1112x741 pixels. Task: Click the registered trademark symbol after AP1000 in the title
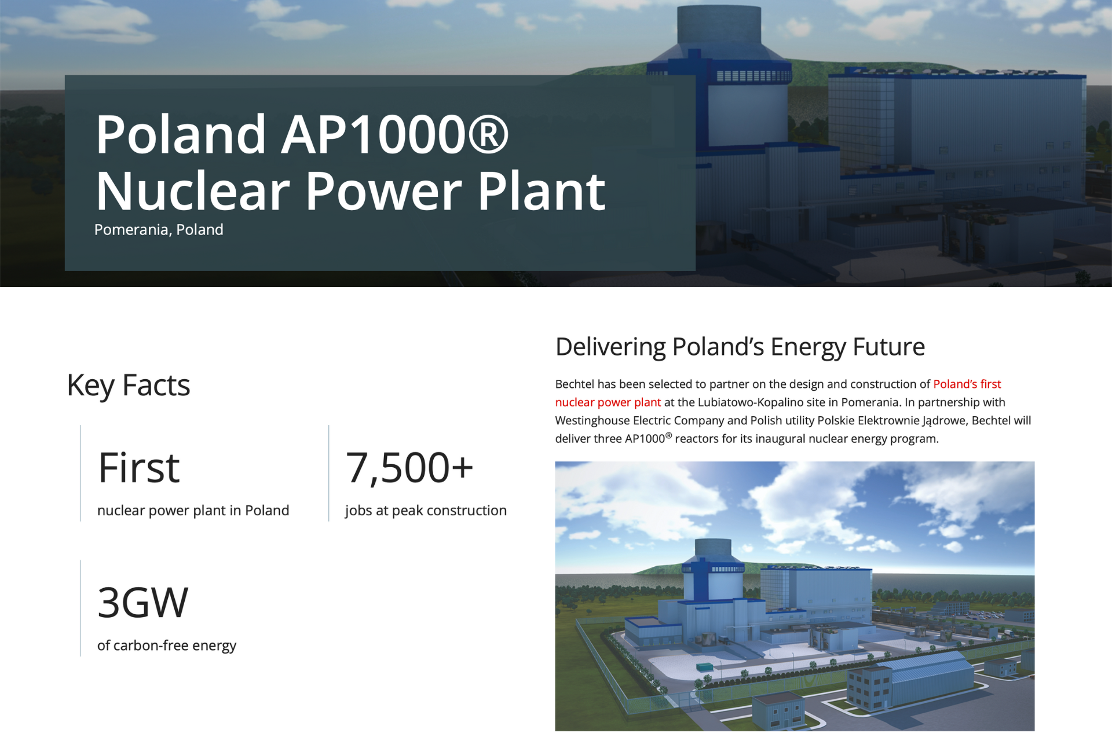tap(488, 134)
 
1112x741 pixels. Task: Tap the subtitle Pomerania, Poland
tap(159, 230)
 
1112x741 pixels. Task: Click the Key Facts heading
tap(129, 386)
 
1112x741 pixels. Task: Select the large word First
tap(139, 468)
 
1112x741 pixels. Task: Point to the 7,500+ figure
tap(409, 468)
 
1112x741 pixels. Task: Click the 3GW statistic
tap(143, 603)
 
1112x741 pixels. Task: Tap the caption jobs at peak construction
tap(426, 511)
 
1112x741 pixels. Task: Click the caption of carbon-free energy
tap(167, 645)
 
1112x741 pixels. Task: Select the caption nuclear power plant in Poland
tap(193, 511)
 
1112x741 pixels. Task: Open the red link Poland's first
tap(967, 384)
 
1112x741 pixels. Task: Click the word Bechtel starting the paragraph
tap(575, 384)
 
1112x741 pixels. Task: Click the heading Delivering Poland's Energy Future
tap(740, 347)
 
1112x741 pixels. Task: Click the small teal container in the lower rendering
tap(705, 667)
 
